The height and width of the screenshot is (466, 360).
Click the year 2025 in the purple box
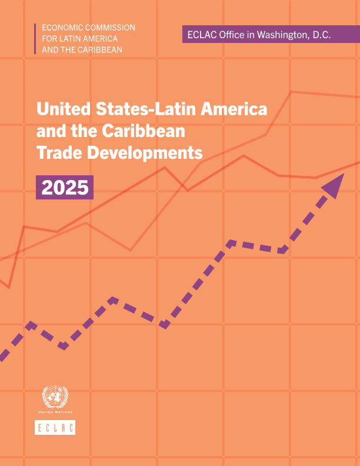[x=65, y=188]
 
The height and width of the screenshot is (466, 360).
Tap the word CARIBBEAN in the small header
[x=101, y=49]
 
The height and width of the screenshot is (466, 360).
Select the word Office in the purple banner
[x=231, y=35]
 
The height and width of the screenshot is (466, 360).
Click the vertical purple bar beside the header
[x=35, y=38]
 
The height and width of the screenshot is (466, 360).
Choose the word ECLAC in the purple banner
[x=201, y=35]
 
